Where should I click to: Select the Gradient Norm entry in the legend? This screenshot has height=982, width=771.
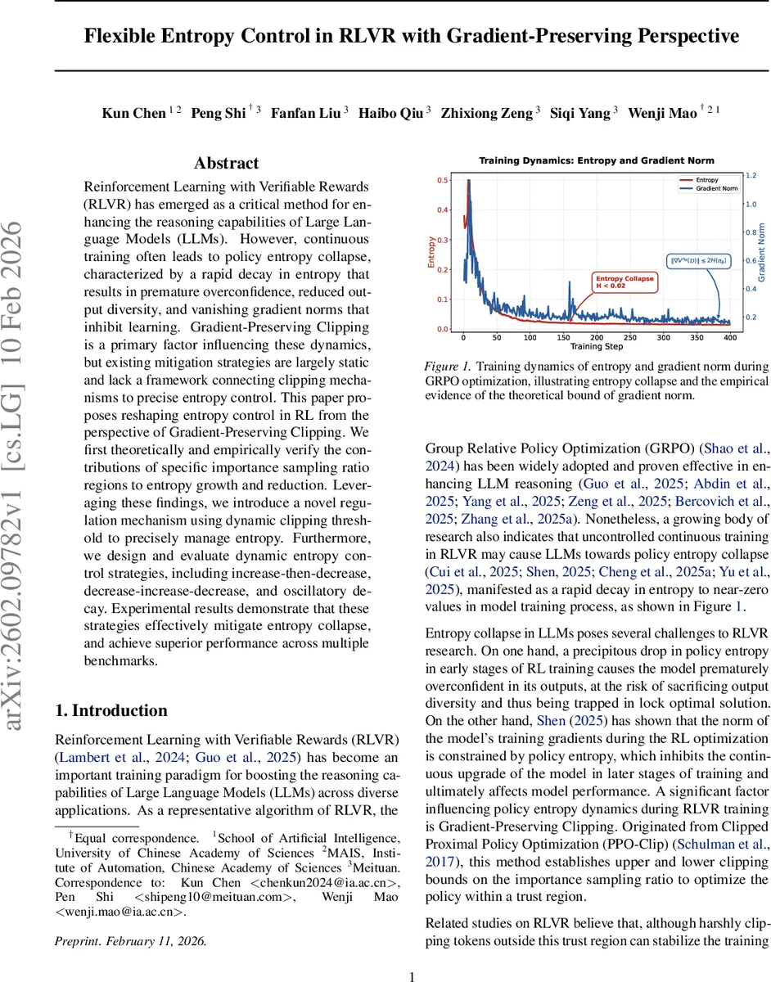click(x=715, y=187)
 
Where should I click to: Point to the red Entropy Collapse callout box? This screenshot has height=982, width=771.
click(x=624, y=282)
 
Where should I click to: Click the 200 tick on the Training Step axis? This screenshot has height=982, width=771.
click(x=597, y=337)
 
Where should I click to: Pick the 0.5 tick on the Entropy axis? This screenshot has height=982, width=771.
click(x=442, y=180)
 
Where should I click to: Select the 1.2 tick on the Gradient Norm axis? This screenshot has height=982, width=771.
click(x=750, y=175)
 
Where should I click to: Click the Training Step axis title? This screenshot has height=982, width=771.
click(x=597, y=347)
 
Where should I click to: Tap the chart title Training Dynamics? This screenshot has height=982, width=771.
click(x=596, y=160)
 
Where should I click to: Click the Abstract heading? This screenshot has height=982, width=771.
click(x=226, y=164)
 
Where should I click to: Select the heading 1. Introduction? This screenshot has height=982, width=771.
click(x=110, y=710)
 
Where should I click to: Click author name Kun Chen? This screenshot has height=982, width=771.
click(x=133, y=114)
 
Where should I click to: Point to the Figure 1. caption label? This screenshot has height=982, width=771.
click(x=449, y=367)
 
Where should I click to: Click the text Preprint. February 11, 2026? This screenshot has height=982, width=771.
click(x=130, y=941)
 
